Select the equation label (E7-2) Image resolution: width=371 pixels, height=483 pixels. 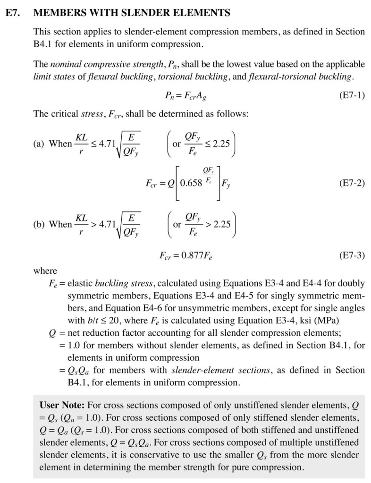352,183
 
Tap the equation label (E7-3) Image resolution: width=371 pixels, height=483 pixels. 352,256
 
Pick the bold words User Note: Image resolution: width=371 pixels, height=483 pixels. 62,405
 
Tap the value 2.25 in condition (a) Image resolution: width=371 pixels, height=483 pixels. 220,143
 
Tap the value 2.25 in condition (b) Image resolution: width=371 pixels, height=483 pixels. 220,224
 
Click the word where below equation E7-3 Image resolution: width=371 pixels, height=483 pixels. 45,271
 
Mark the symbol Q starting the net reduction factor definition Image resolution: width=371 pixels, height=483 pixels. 52,333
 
